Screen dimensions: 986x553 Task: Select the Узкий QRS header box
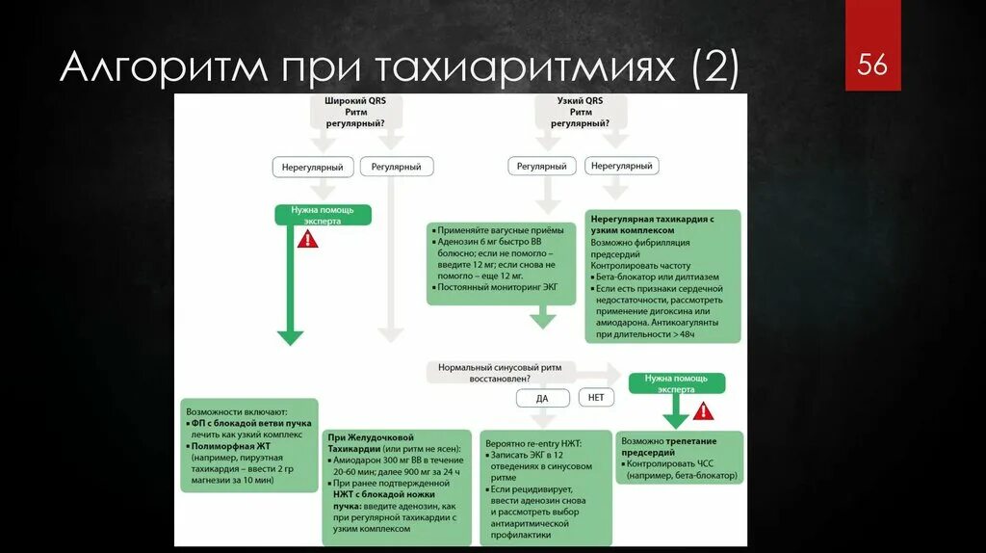581,112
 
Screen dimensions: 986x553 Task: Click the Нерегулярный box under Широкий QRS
312,167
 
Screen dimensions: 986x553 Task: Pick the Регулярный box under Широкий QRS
397,167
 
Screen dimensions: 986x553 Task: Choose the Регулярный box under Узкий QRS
541,166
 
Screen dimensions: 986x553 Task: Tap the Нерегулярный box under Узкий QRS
622,166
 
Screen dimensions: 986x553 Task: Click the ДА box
541,397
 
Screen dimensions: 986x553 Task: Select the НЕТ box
596,396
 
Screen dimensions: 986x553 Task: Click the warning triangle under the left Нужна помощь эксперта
307,239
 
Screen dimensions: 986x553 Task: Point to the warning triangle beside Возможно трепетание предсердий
704,411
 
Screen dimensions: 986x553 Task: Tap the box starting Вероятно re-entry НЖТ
547,487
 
